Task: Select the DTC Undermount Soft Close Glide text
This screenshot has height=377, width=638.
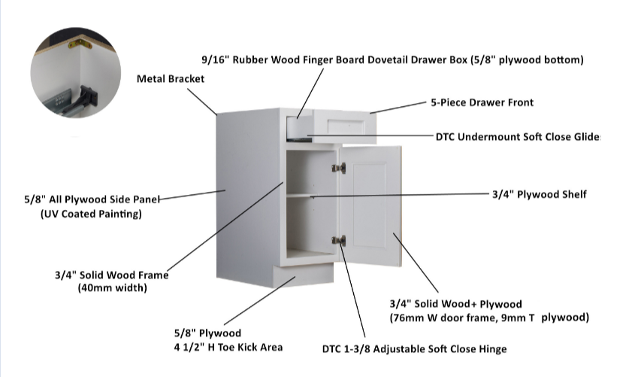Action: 518,137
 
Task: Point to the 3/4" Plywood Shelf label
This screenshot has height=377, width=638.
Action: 539,194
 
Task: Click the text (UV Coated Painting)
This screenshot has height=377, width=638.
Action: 91,214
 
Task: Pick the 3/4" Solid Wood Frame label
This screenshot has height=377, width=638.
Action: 111,275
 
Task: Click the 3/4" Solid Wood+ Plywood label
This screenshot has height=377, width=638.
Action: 455,304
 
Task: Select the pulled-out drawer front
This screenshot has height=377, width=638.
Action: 345,126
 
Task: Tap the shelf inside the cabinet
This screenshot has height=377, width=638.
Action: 310,195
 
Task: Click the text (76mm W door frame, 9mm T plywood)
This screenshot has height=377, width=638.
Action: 488,318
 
